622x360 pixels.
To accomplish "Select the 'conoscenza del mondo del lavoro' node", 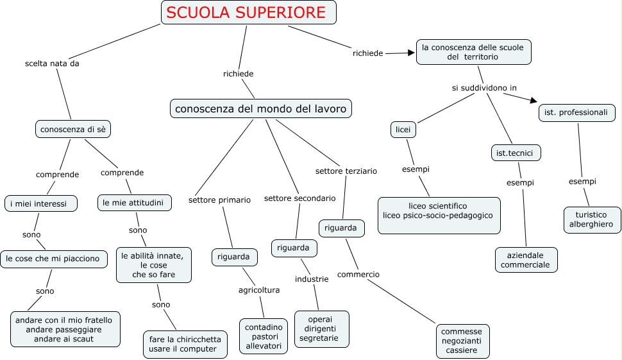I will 260,108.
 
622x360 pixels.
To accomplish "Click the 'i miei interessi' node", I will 40,203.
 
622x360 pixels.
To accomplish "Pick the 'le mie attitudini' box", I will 134,203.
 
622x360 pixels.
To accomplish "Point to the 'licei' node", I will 403,129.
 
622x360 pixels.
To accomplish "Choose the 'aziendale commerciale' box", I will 526,259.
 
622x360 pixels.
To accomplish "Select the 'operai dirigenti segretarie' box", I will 322,329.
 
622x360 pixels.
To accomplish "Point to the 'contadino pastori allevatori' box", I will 264,336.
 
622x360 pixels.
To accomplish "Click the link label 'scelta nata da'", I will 52,64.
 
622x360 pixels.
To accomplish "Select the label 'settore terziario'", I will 346,171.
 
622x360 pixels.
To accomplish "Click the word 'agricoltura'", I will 259,290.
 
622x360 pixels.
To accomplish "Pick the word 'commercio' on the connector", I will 358,275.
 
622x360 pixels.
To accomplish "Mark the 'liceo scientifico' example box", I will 438,215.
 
